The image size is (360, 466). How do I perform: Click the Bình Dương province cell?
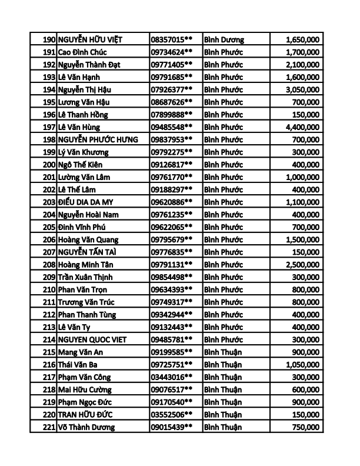pyautogui.click(x=224, y=40)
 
